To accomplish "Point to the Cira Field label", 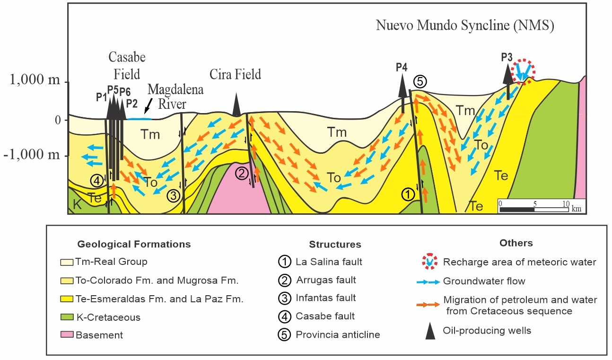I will click(x=236, y=74).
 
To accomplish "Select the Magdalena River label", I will click(x=175, y=96).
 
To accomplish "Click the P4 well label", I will click(x=401, y=67).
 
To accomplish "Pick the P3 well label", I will click(x=507, y=57).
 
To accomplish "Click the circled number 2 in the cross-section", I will click(x=242, y=174).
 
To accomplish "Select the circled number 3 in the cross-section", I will click(x=174, y=194).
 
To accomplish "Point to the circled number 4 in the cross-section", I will click(x=96, y=180).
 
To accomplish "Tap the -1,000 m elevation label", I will click(x=31, y=156).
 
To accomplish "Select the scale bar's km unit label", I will click(x=576, y=209).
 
